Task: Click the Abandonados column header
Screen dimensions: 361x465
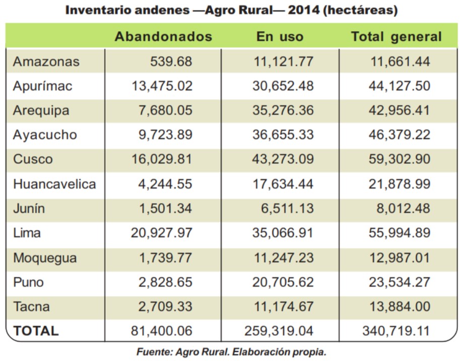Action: point(163,37)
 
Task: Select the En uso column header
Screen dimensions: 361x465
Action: point(280,37)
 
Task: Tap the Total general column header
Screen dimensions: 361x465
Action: point(396,37)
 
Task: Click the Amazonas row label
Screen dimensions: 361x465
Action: point(46,62)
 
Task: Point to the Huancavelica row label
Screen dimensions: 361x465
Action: point(54,184)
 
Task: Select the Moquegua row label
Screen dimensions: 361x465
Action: point(45,258)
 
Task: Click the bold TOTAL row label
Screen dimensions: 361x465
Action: point(36,331)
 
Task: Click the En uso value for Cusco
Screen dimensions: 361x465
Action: point(283,159)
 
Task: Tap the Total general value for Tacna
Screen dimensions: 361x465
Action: point(400,307)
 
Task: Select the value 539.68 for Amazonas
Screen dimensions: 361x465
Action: point(171,62)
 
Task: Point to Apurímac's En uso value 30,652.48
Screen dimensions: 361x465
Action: point(283,86)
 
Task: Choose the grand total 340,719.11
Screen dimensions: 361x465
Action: point(396,331)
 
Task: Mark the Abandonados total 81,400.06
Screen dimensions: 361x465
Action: point(162,331)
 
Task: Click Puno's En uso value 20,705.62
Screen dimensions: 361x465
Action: point(283,283)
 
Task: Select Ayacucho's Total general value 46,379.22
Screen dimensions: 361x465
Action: point(400,135)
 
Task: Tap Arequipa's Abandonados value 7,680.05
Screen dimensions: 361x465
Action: point(165,111)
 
